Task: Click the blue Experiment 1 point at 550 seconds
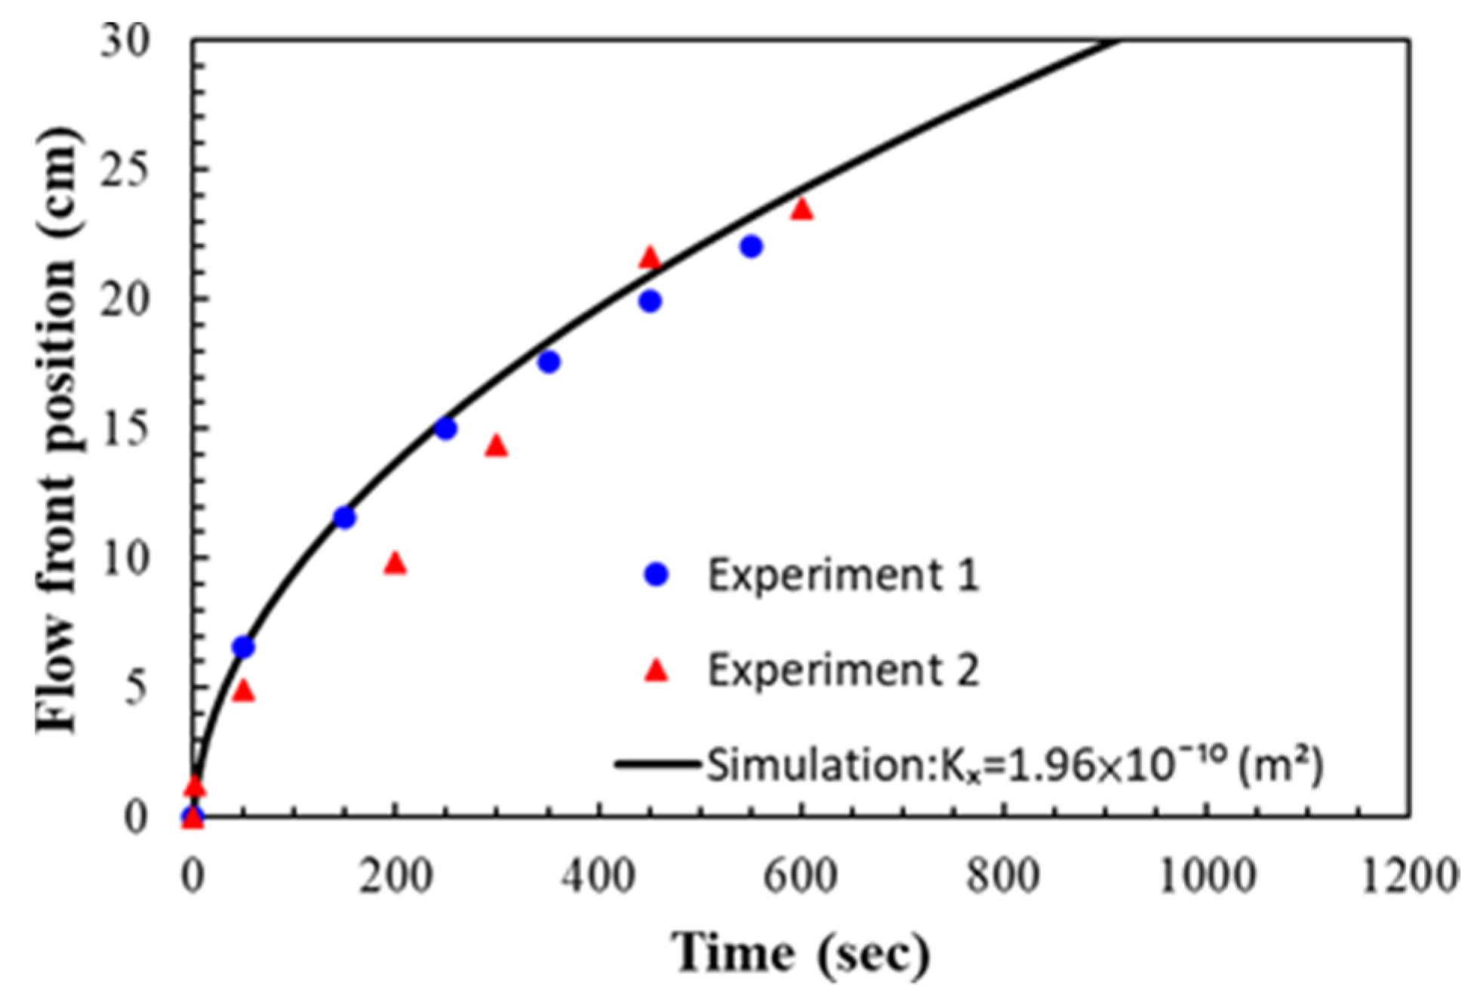click(x=750, y=246)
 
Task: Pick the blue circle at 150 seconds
click(x=344, y=517)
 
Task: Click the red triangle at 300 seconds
click(x=496, y=446)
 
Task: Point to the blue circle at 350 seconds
click(x=549, y=362)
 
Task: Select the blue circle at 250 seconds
click(x=445, y=429)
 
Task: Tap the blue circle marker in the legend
click(x=657, y=575)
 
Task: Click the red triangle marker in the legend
click(x=657, y=671)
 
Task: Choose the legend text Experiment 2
click(x=842, y=669)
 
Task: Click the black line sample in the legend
click(x=657, y=764)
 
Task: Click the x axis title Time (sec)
click(x=800, y=953)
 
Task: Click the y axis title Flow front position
click(x=57, y=430)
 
